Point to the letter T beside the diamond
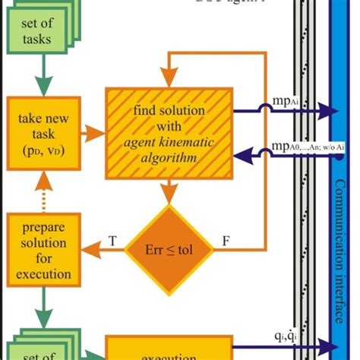112,241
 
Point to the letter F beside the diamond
225,241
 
